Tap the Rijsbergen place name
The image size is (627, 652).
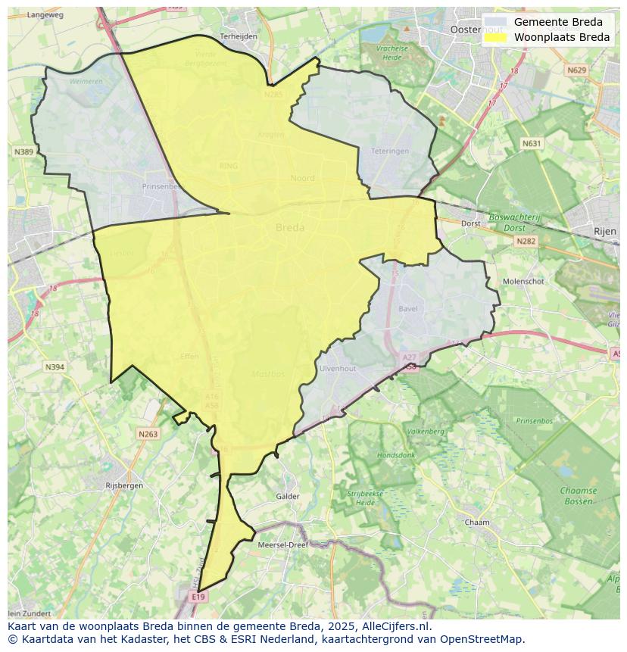124,485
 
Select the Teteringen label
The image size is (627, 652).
390,151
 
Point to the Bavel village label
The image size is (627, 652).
407,309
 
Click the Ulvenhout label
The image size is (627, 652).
338,368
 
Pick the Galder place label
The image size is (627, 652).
288,496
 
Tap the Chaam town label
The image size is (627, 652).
477,523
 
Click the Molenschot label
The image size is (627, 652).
524,281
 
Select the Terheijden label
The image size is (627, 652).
239,36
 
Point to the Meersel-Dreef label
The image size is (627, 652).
282,544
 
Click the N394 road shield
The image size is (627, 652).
55,367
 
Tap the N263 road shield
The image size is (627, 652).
148,434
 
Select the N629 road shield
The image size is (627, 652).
576,70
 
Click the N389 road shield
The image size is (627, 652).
23,152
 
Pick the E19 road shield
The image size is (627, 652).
198,597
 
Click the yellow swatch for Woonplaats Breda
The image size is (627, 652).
495,37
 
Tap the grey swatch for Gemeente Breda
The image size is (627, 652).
495,22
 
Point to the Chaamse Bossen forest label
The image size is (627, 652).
578,495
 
